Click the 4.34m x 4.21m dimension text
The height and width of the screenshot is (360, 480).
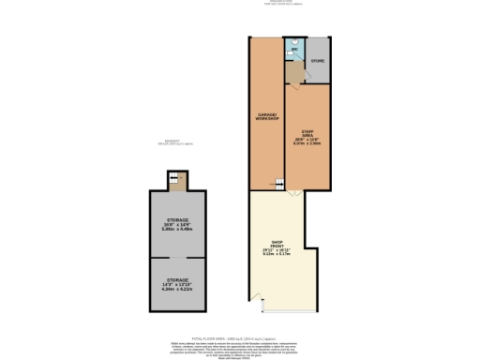coord(177,290)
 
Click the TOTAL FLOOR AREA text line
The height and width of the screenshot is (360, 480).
coord(239,336)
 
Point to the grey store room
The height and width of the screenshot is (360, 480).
coord(319,59)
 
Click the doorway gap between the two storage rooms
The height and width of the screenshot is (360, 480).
coord(177,257)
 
